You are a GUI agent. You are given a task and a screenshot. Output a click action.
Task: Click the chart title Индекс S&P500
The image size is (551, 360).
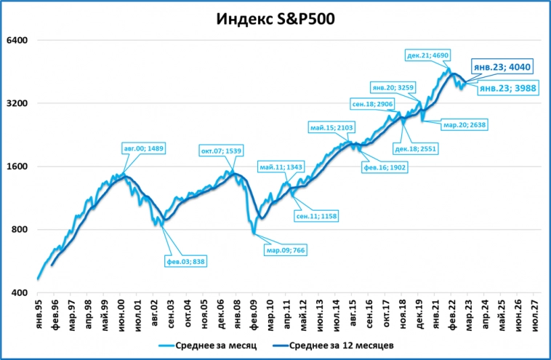(275, 18)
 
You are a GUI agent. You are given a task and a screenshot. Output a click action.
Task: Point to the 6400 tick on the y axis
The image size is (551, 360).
(17, 40)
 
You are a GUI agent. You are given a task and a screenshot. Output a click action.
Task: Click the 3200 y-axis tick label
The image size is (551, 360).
(17, 103)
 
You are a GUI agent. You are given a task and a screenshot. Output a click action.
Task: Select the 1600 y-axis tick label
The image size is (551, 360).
(17, 167)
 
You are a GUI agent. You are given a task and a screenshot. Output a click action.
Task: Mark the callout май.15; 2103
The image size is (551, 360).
(331, 127)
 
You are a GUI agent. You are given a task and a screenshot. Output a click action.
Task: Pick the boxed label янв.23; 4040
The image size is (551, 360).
(503, 67)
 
